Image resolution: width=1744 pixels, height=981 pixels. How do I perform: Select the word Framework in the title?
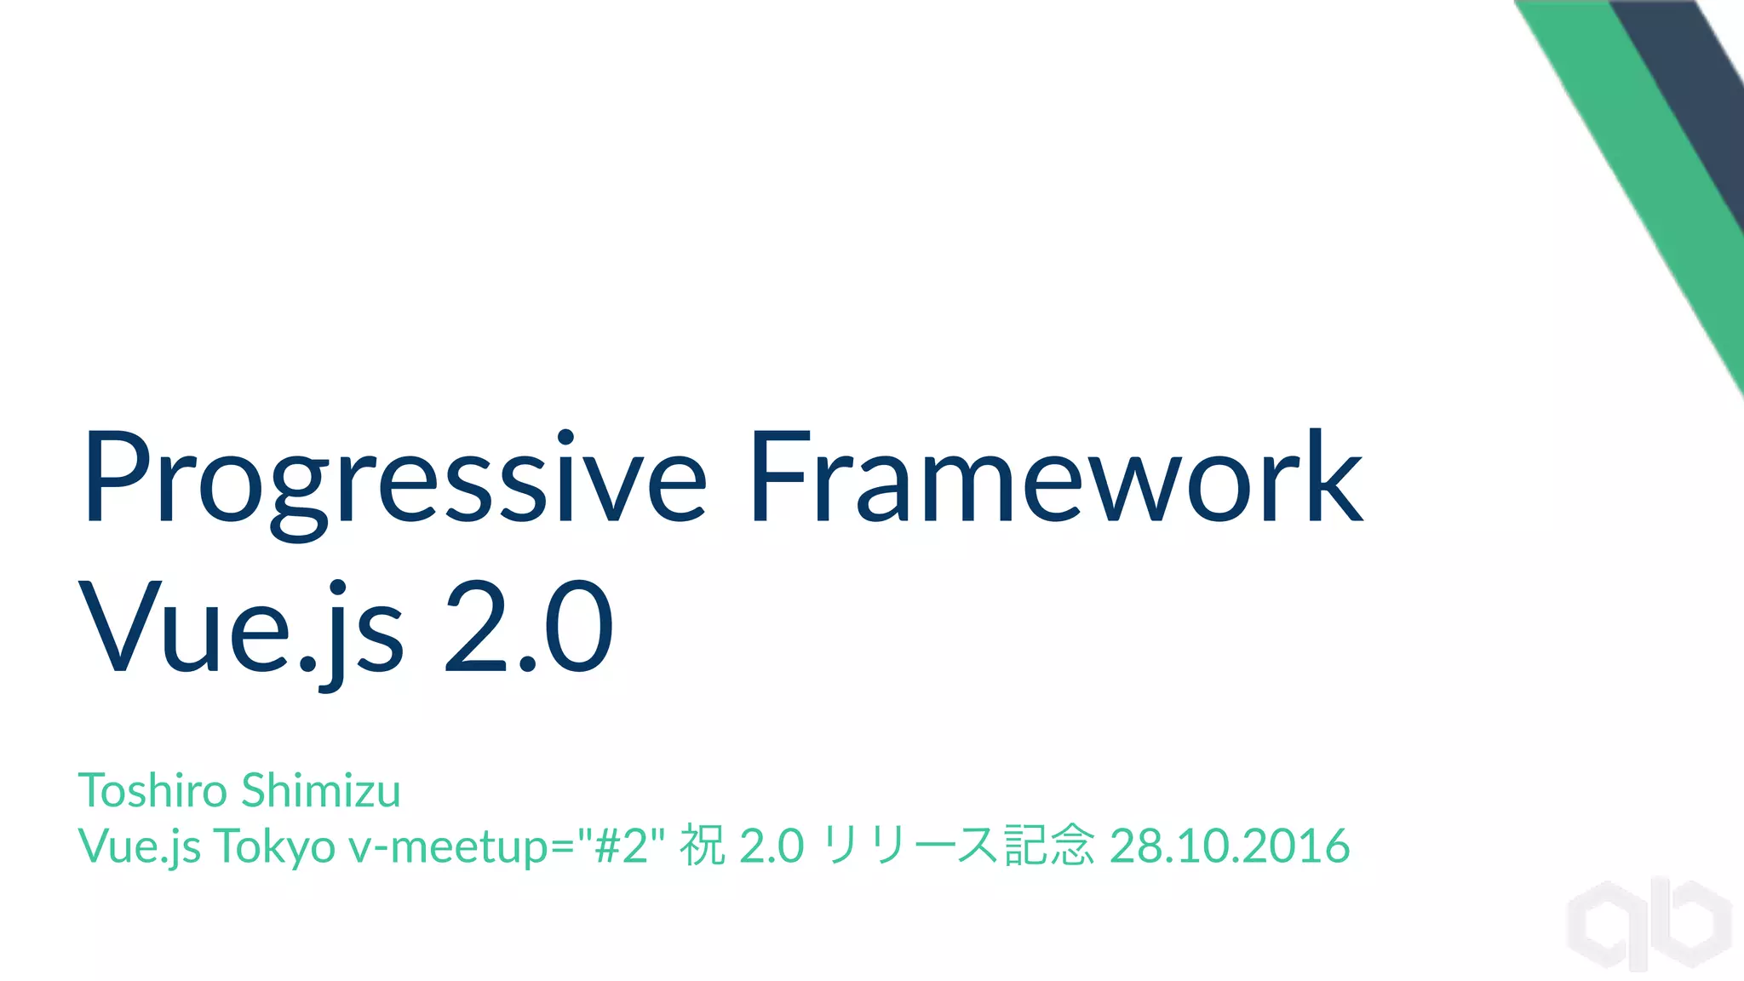(x=1056, y=477)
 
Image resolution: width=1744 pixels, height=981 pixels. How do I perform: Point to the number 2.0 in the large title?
(x=528, y=626)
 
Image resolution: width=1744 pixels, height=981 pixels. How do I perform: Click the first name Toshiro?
(x=153, y=790)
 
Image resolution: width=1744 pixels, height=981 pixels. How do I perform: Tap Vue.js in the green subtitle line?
(x=139, y=846)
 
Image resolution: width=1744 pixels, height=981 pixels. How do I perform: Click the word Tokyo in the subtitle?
(x=274, y=846)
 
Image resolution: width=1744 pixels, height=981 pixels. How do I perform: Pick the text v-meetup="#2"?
(x=507, y=845)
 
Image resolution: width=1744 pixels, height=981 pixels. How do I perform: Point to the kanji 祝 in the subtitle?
(x=702, y=845)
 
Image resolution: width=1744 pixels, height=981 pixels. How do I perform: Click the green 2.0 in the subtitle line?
(x=772, y=845)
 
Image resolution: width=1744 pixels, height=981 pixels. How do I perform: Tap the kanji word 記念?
(x=1048, y=845)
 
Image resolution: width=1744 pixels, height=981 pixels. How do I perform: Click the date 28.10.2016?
(x=1230, y=845)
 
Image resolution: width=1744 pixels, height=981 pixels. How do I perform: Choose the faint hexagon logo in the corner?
(x=1648, y=924)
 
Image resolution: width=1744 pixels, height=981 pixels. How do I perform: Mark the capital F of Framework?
(x=779, y=477)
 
